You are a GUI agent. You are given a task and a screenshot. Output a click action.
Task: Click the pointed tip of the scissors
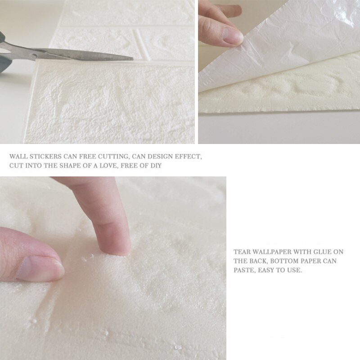point(133,59)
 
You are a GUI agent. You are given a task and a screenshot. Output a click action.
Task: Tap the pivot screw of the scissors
point(35,56)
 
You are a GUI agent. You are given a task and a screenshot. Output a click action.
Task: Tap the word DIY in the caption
point(156,166)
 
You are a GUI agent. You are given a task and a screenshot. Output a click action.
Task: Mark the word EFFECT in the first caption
point(188,157)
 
